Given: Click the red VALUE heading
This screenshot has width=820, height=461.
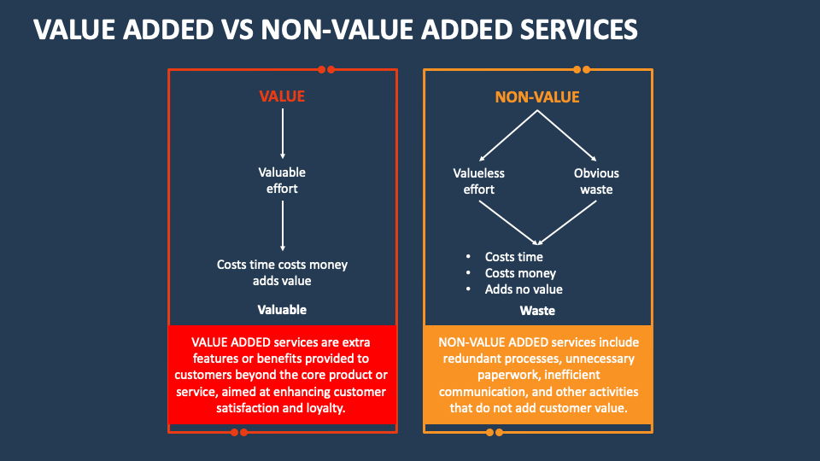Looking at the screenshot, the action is click(282, 96).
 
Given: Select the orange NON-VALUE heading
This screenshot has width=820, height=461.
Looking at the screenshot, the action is click(537, 97).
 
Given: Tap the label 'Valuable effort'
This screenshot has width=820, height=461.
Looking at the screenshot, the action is click(282, 180).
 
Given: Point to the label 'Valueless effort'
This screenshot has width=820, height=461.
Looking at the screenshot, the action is click(478, 181).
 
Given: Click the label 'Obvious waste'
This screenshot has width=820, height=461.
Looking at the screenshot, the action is click(596, 181).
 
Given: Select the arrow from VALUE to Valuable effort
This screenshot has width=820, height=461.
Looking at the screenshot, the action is click(283, 133).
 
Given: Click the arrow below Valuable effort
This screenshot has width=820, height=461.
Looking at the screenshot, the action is click(283, 225).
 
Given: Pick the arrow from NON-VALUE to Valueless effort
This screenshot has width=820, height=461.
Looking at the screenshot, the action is click(507, 136).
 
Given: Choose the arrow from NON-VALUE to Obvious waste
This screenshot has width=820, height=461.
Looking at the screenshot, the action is click(567, 136).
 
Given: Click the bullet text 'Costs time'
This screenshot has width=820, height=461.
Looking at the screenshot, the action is click(513, 257).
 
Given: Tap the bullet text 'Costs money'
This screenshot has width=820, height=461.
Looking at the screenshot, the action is click(520, 273).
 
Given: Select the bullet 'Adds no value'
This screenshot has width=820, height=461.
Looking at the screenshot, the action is click(524, 289).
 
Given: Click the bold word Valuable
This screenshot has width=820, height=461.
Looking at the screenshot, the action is click(282, 310).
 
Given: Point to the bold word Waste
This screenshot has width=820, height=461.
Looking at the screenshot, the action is click(537, 311).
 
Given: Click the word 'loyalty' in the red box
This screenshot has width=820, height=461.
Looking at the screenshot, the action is click(325, 408).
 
